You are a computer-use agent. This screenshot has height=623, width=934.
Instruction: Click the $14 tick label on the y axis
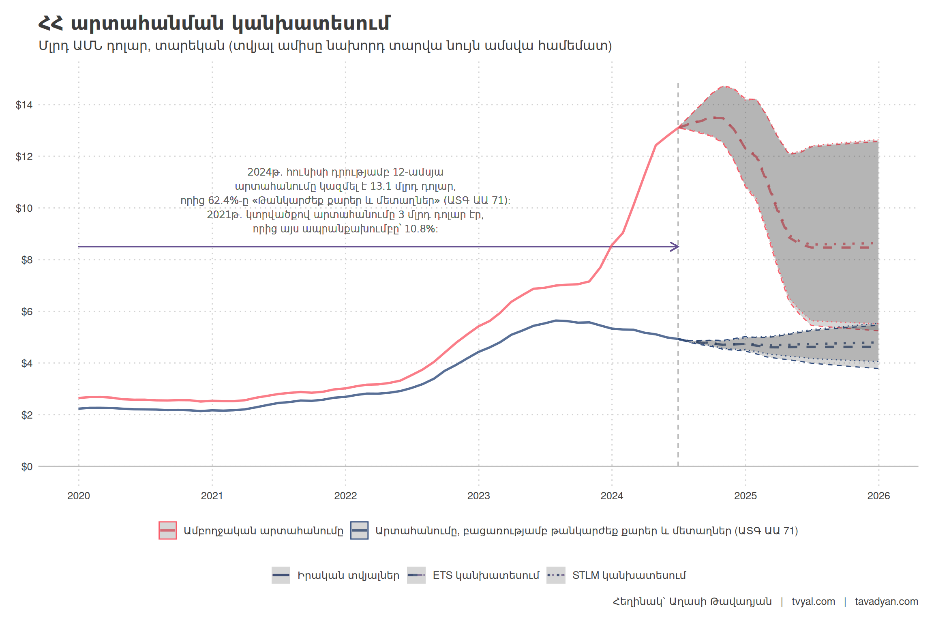[24, 105]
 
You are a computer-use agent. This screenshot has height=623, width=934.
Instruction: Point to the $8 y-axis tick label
[27, 260]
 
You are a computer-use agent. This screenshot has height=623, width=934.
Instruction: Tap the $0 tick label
[27, 467]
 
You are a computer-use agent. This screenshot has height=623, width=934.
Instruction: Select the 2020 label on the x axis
[79, 496]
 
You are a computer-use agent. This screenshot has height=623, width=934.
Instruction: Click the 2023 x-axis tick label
[478, 496]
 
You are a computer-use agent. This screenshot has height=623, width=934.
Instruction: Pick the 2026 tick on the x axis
[878, 496]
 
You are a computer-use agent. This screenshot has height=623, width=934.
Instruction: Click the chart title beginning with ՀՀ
[214, 23]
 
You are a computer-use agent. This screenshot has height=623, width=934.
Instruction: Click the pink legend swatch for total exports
[167, 531]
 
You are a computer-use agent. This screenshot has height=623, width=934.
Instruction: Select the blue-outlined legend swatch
[359, 531]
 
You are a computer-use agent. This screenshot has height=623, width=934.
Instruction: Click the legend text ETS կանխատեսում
[486, 575]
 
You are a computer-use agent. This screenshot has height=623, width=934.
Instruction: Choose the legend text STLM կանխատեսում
[629, 575]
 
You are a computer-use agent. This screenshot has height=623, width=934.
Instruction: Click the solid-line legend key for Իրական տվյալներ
[281, 575]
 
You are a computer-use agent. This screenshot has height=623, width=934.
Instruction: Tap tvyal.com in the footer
[813, 602]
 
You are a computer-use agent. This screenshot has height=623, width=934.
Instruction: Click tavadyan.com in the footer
[886, 602]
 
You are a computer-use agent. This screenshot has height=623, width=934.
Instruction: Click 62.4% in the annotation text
[225, 200]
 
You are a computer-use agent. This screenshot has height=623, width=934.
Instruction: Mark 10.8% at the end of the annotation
[420, 229]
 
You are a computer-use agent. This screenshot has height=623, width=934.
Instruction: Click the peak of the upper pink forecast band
[724, 86]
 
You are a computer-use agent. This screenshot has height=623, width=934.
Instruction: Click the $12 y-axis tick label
[24, 157]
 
